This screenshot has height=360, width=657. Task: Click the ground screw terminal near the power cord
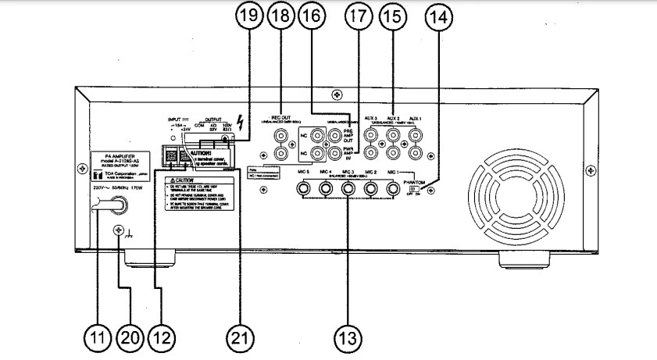tap(120, 231)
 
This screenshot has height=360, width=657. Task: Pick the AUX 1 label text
tap(416, 117)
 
